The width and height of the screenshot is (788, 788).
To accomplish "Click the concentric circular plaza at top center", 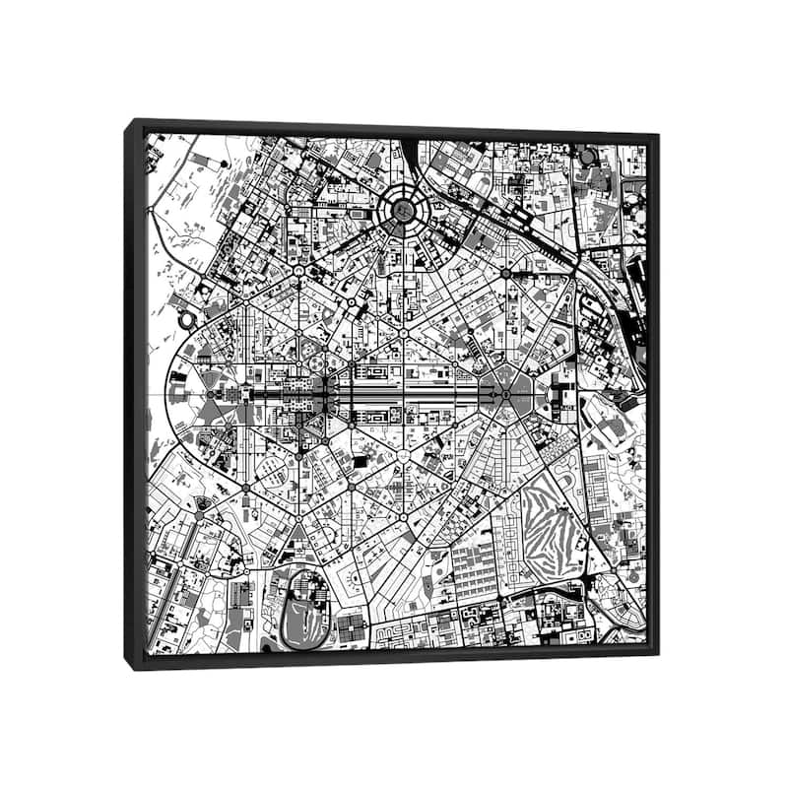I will click(x=402, y=210).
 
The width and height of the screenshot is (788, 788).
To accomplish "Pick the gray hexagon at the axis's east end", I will click(x=504, y=392).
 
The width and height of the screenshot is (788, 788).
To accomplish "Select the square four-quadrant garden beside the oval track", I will click(x=351, y=626).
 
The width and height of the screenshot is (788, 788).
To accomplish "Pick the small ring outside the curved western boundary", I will click(x=185, y=319).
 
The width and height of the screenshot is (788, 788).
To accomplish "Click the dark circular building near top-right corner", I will click(x=588, y=156).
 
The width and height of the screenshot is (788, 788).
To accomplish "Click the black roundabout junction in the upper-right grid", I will click(x=505, y=272).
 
